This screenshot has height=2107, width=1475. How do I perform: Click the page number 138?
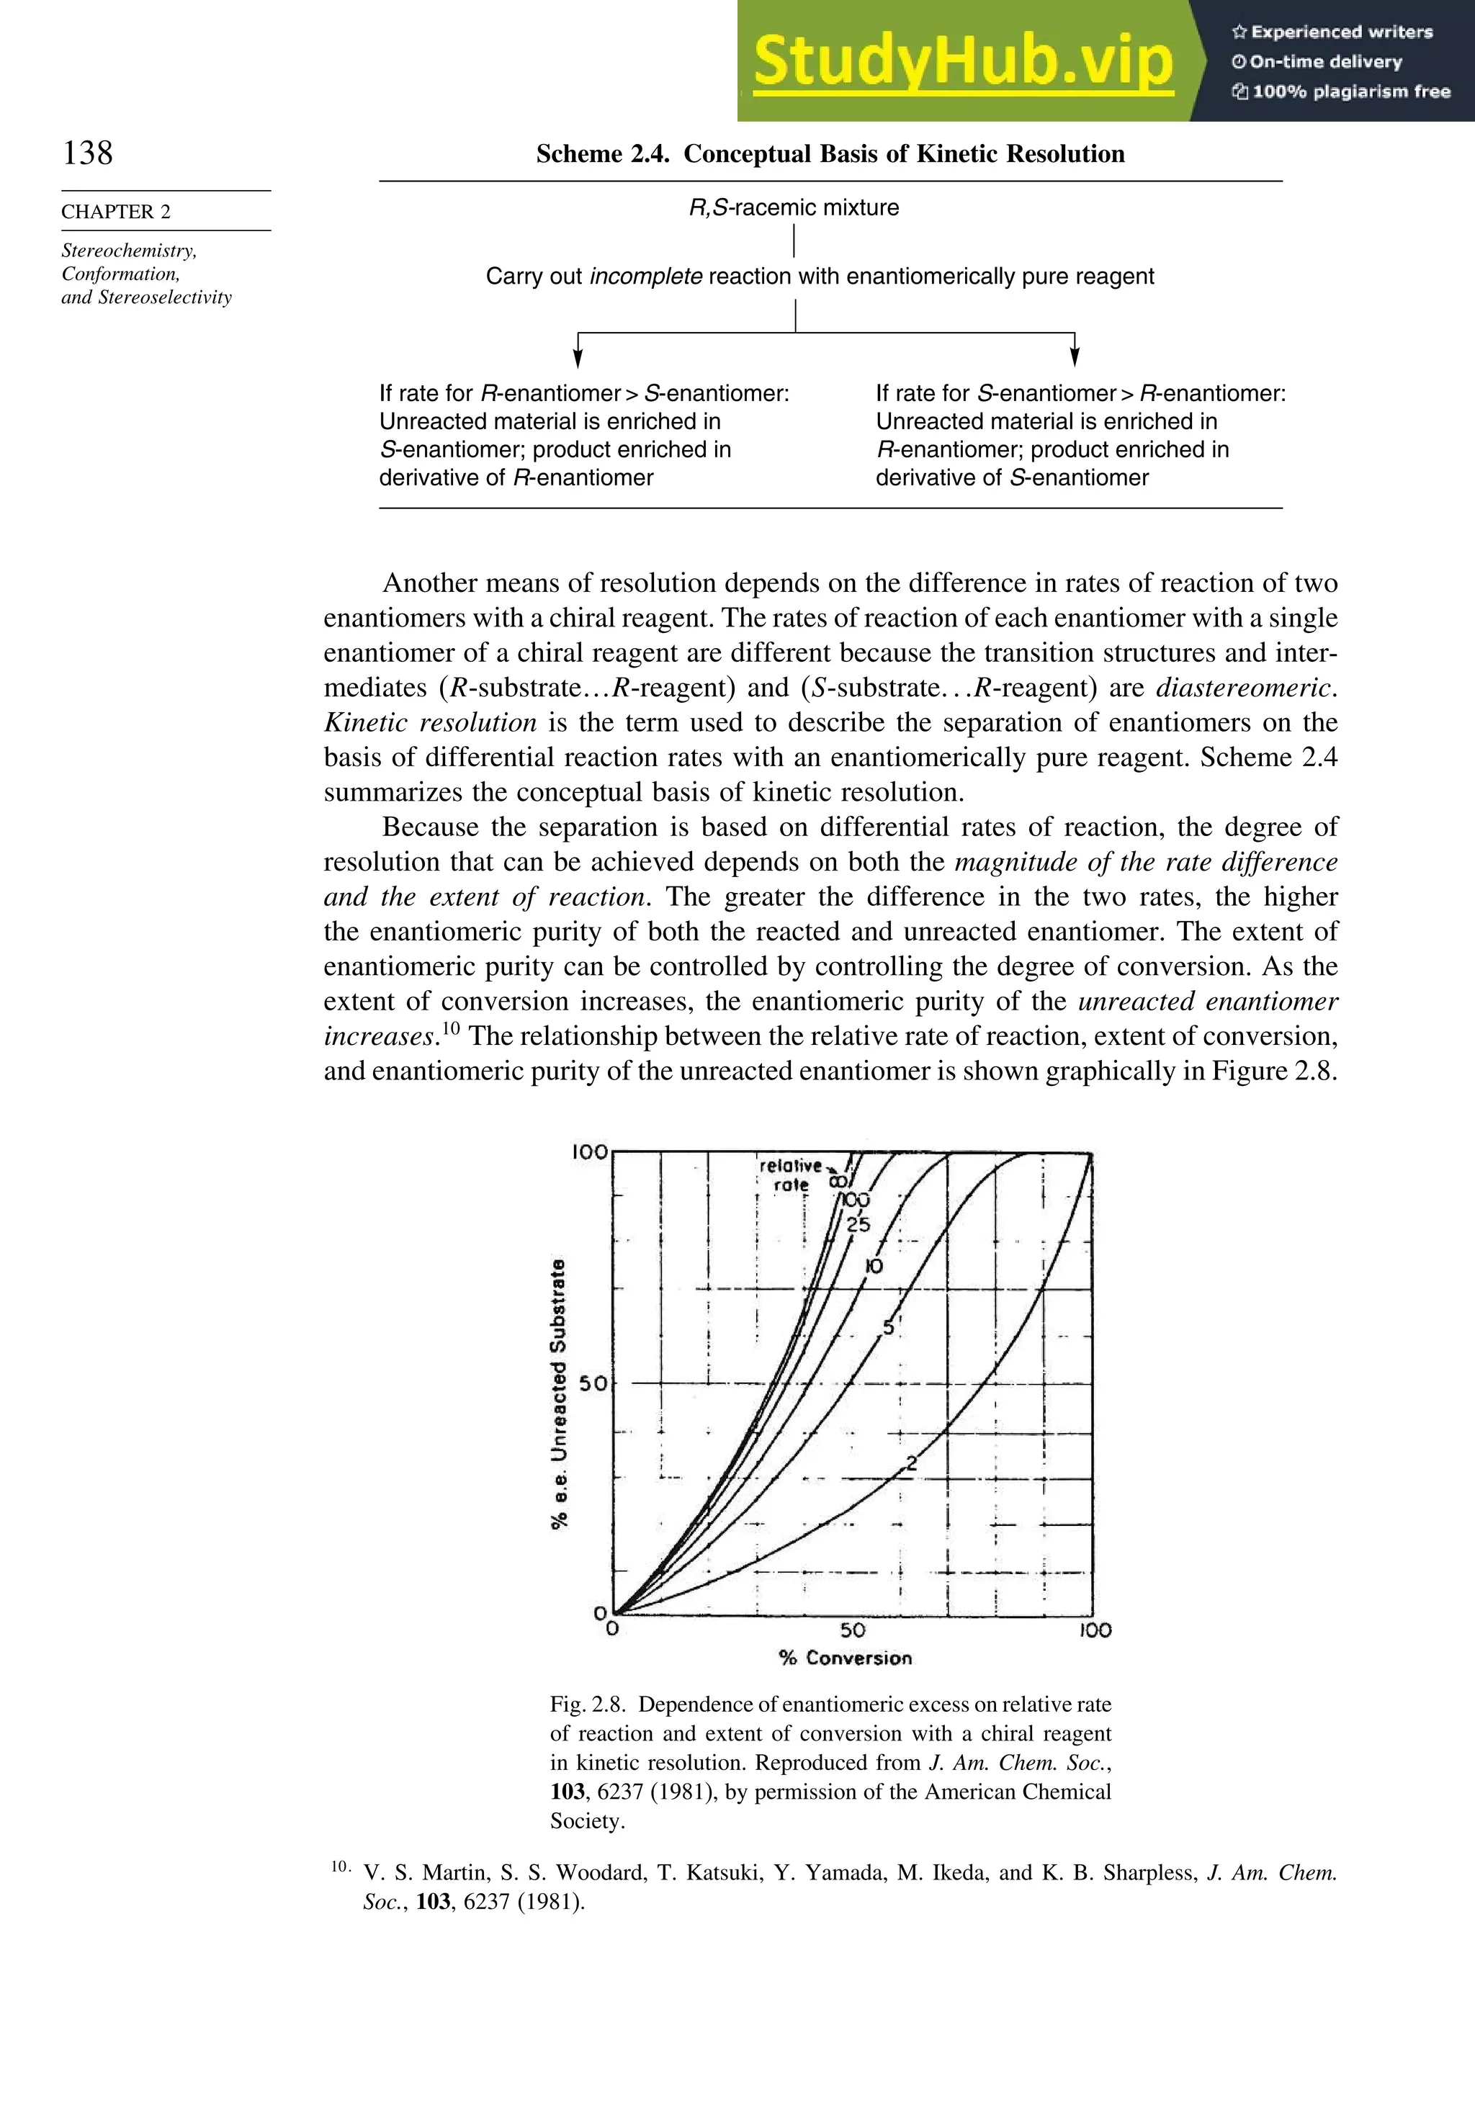pos(88,153)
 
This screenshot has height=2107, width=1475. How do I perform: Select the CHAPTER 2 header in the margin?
pos(116,212)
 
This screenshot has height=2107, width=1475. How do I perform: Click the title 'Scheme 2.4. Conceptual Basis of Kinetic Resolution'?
pos(830,154)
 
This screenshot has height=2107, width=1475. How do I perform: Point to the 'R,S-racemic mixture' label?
pos(794,208)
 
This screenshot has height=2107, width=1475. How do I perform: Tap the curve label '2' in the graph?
pos(912,1464)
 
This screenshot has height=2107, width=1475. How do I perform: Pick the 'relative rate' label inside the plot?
pos(790,1174)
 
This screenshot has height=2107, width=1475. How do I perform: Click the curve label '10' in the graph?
pos(874,1267)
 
